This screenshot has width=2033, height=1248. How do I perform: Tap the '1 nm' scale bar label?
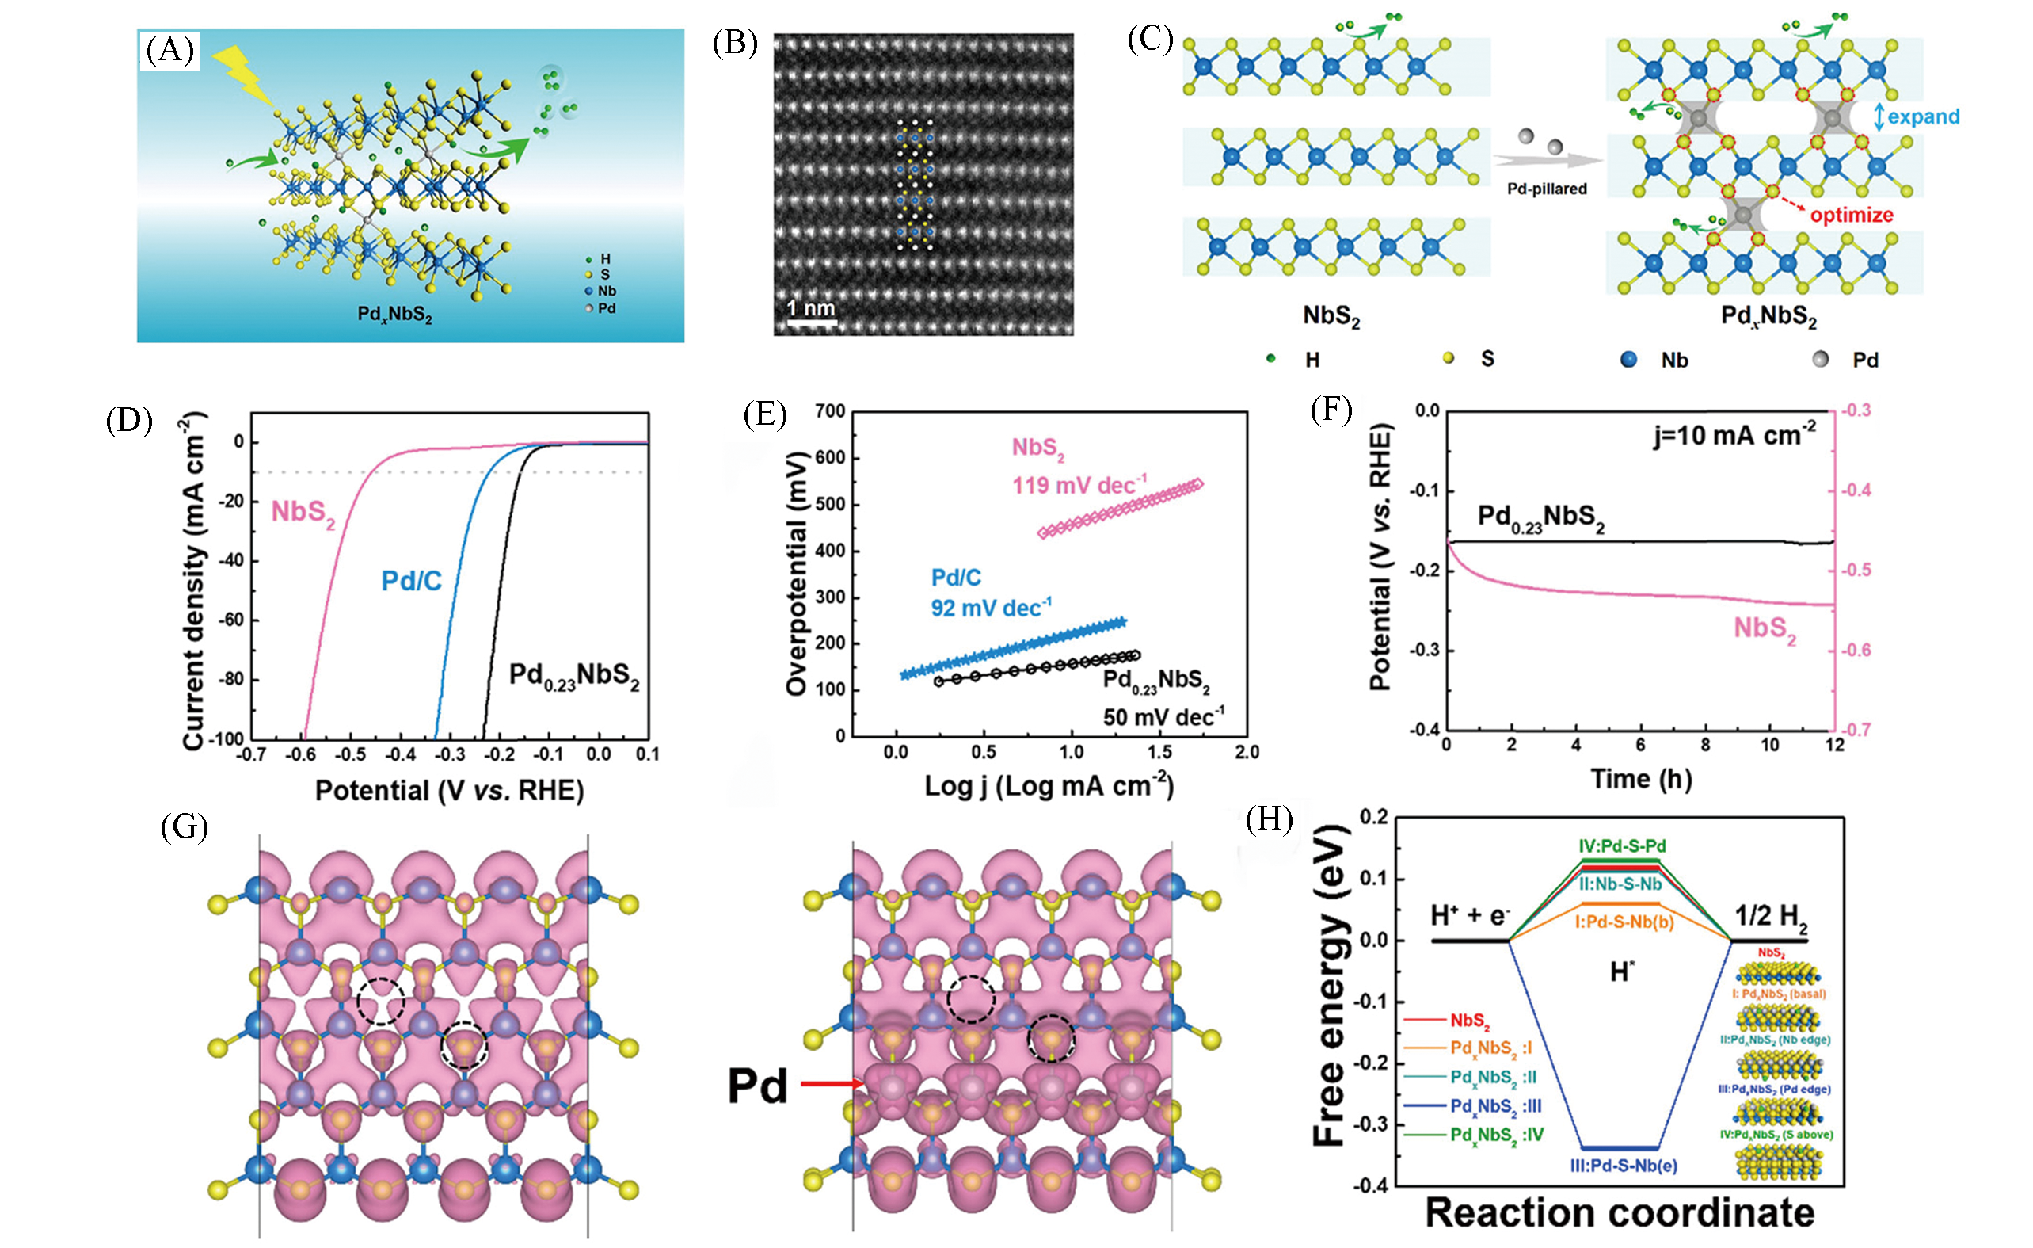tap(810, 309)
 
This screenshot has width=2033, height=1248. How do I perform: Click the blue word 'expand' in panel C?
tap(1922, 117)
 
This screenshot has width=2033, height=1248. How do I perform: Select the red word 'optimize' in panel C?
tap(1852, 216)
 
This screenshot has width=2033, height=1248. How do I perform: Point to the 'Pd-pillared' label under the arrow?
tap(1547, 189)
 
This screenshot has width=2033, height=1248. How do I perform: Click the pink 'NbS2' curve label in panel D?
tap(303, 513)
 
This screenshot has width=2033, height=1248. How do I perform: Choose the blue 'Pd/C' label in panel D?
tap(411, 581)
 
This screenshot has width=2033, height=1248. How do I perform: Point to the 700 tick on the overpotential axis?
tap(829, 411)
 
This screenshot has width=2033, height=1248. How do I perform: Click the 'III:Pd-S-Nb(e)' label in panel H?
tap(1623, 1166)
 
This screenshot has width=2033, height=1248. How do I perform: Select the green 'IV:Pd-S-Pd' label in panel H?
tap(1622, 846)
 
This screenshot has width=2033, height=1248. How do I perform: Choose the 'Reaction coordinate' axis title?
tap(1620, 1212)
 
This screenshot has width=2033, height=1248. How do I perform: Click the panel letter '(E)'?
tap(765, 414)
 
